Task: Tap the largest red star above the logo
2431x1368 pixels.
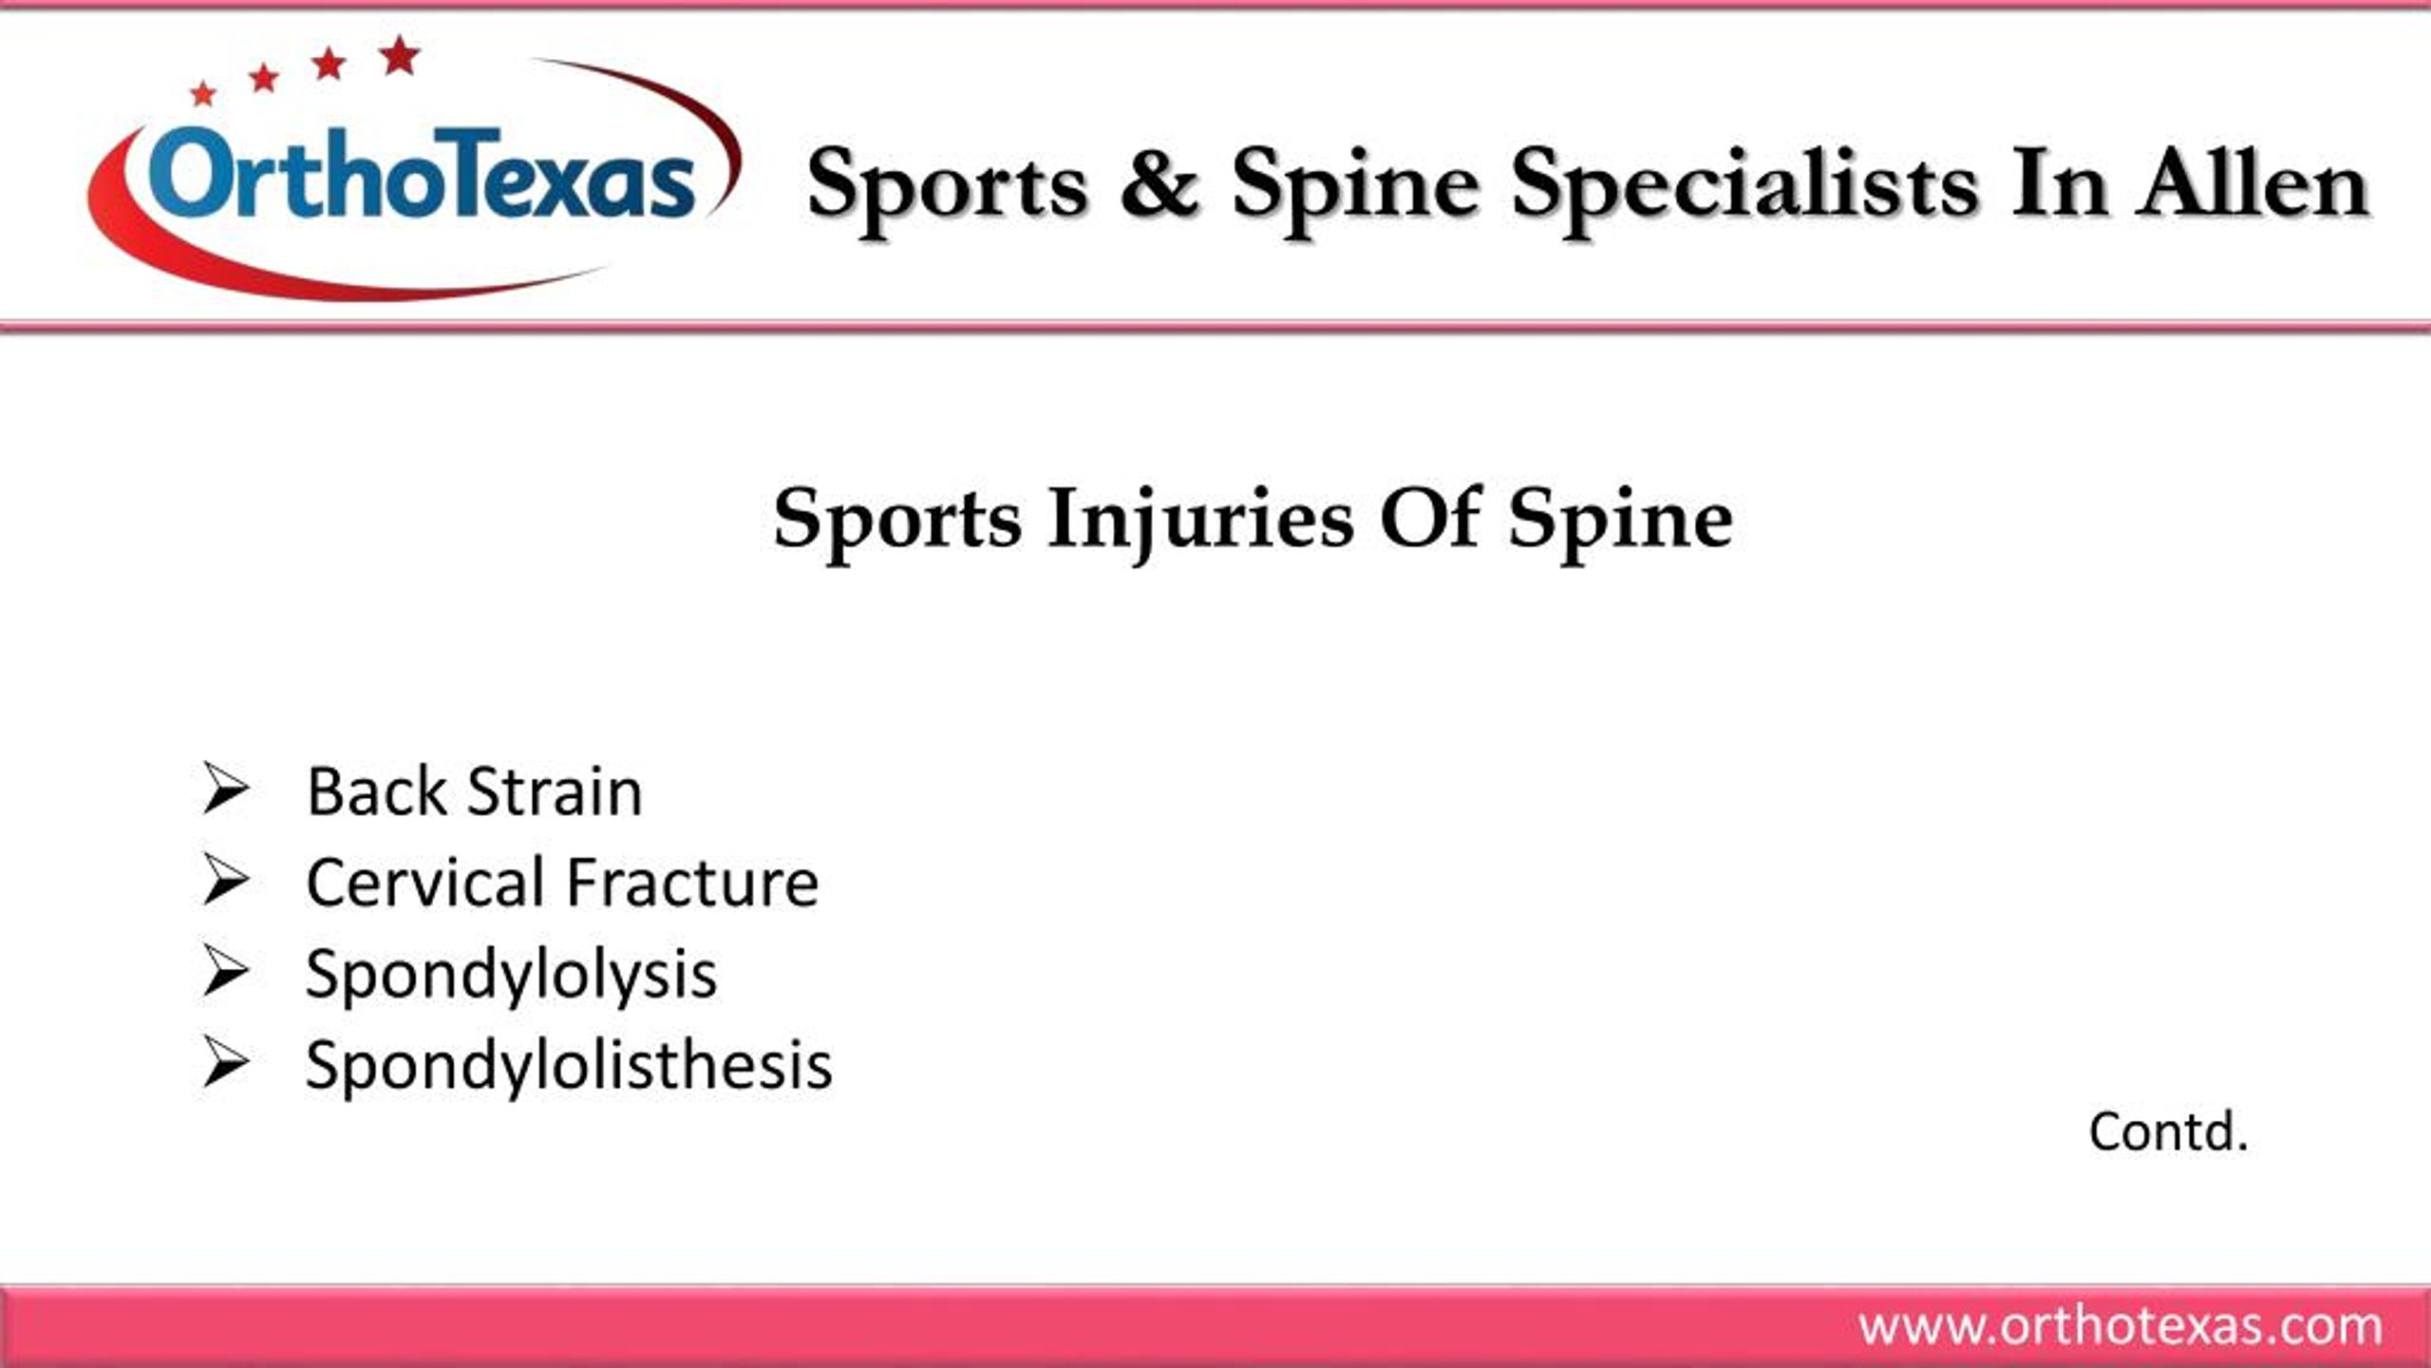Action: (400, 56)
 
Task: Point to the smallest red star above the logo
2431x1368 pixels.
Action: (203, 94)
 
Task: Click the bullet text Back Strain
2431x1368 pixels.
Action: (474, 791)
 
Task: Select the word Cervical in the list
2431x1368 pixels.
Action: (424, 883)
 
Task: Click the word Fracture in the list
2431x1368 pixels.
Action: (692, 883)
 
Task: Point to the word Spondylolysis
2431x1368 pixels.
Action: (511, 975)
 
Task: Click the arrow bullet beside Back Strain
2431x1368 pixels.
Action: (225, 789)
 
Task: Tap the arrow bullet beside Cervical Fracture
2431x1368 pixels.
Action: (225, 881)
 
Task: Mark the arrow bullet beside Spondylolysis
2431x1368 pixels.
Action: (225, 972)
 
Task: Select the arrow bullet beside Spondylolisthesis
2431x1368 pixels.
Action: (225, 1063)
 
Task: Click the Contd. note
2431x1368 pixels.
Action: (2168, 1131)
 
